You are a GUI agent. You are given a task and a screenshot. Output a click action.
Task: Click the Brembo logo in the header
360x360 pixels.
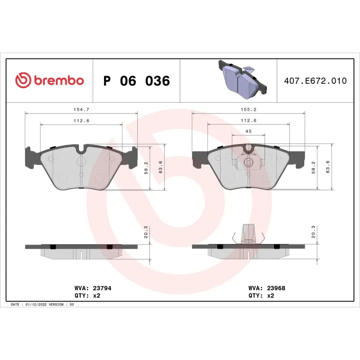click(x=49, y=81)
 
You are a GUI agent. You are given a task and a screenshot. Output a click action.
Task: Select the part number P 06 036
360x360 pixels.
click(x=136, y=81)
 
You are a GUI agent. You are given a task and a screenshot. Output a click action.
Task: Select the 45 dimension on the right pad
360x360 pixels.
click(x=248, y=131)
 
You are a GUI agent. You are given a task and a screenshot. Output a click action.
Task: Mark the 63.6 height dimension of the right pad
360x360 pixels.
click(x=328, y=166)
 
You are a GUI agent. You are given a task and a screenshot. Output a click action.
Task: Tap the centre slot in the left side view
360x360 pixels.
click(x=81, y=255)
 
